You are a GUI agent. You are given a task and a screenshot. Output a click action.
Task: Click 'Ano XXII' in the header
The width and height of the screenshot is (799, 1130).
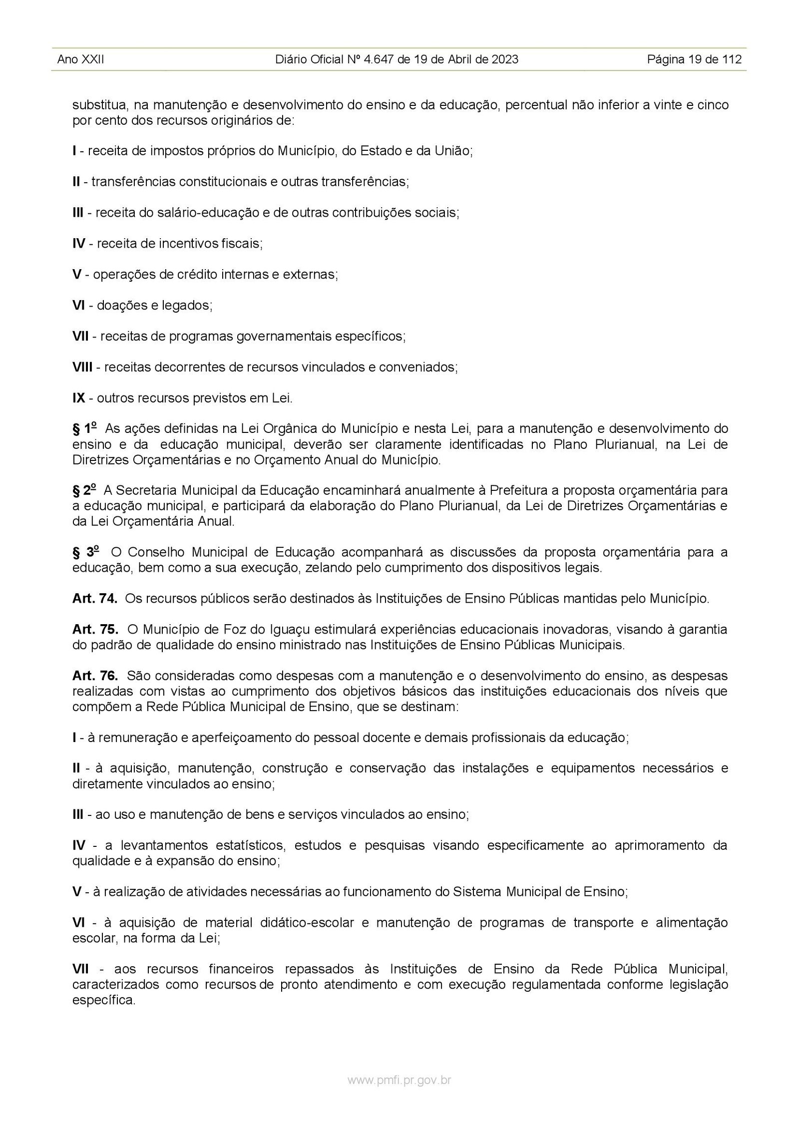(80, 60)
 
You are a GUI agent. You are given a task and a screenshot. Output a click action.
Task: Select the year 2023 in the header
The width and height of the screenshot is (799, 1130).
(504, 60)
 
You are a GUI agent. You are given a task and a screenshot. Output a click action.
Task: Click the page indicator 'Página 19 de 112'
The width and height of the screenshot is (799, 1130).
(694, 60)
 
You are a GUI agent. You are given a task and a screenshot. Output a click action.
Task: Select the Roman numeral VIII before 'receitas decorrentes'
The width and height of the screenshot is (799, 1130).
(82, 368)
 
